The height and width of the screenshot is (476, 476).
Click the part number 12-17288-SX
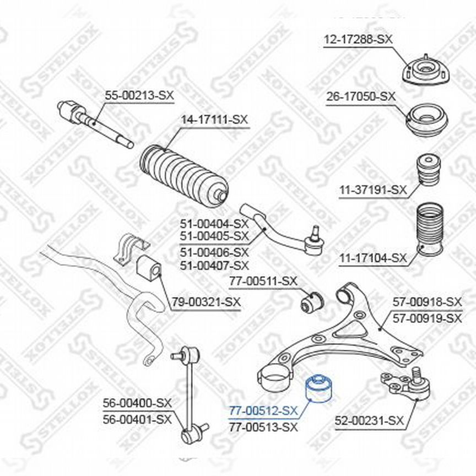tap(358, 39)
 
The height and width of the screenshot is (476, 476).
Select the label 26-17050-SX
tap(361, 96)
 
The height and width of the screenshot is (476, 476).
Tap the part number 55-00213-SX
tap(139, 95)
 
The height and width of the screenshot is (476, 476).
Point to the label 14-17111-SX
tap(214, 120)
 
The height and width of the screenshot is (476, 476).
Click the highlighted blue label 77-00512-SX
tap(263, 411)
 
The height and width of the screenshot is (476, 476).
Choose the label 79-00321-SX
tap(207, 302)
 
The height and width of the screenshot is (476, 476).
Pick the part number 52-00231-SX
tap(370, 421)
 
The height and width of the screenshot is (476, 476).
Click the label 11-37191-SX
tap(373, 190)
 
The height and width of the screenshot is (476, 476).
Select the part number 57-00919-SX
tap(427, 318)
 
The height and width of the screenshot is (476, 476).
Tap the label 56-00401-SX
tap(137, 420)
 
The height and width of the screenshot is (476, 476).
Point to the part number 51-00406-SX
tap(214, 252)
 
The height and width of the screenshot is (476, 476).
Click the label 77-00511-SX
tap(263, 281)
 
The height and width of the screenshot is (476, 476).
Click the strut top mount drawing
tap(426, 71)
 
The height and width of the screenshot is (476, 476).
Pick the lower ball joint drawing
tap(407, 385)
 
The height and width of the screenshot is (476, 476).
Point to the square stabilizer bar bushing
tap(149, 267)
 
